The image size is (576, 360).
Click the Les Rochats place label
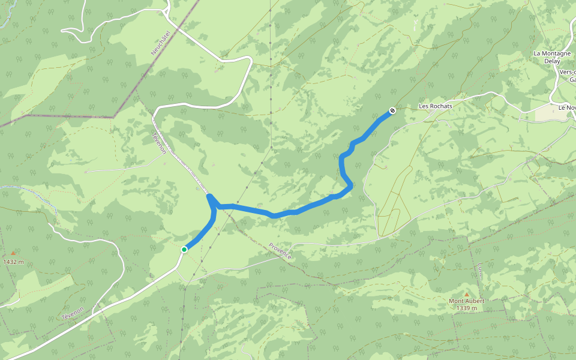pos(436,106)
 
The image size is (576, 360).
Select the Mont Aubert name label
pos(466,301)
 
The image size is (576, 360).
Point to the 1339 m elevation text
pos(466,308)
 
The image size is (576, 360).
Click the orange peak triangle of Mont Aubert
pos(466,294)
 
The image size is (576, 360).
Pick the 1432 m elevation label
pos(13,262)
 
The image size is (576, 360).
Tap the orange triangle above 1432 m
pos(13,253)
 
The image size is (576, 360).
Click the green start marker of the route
pos(184,249)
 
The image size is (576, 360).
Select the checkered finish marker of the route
pos(392,110)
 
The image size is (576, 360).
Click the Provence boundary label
pos(280,251)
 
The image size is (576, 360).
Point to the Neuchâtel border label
pos(161,43)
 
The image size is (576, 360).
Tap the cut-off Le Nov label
pos(566,107)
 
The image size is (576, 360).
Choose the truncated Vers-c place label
pos(567,71)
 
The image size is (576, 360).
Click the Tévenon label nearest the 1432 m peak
pos(74,308)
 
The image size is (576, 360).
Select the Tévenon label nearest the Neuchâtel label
pos(160,142)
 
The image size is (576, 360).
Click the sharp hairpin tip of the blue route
pos(209,196)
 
